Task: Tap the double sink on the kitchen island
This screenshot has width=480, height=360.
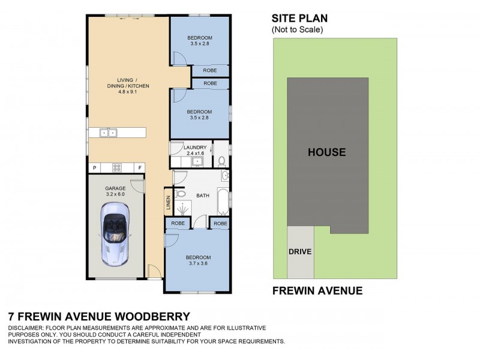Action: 108,133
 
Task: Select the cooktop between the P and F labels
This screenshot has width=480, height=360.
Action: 117,167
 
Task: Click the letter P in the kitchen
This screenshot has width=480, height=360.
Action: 94,167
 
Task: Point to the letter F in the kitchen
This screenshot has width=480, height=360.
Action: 139,167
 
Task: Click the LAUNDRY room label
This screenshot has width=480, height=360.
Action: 196,148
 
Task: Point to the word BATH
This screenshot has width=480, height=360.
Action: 202,196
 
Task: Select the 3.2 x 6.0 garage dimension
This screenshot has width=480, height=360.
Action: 116,194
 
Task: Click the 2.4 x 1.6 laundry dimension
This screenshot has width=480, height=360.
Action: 196,154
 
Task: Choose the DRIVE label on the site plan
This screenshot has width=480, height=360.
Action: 300,251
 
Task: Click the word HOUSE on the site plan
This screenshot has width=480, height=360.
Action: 326,152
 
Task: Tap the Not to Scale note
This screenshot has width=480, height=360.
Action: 297,29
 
